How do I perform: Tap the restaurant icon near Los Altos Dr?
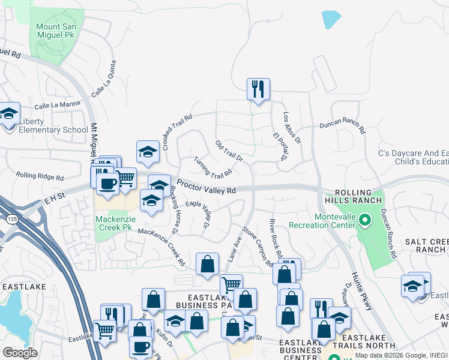[x=258, y=89]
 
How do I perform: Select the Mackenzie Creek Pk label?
[x=113, y=223]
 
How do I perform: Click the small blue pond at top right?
[x=331, y=19]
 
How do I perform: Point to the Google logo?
[x=20, y=353]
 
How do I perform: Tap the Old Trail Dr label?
[x=229, y=152]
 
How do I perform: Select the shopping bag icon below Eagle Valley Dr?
[x=207, y=263]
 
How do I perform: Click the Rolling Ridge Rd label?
[x=40, y=176]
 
